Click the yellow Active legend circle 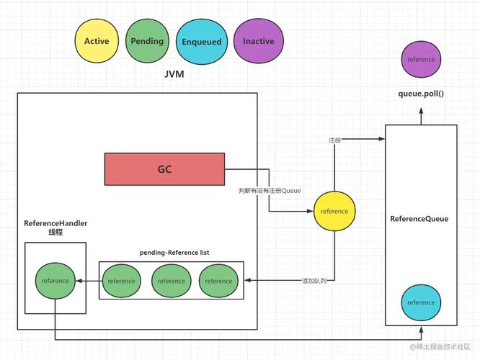[97, 41]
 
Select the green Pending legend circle [148, 41]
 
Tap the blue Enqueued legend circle [201, 42]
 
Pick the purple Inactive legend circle [258, 41]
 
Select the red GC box [164, 170]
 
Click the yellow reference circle [334, 211]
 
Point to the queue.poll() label [421, 94]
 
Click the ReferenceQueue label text [419, 219]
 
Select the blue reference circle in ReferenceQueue [421, 302]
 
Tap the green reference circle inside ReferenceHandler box [55, 280]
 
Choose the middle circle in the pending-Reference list [171, 281]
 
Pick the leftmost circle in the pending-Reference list [121, 281]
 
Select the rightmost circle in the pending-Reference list [218, 281]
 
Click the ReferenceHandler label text [55, 228]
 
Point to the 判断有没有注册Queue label [270, 191]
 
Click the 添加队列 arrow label [314, 280]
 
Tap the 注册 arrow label [334, 140]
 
